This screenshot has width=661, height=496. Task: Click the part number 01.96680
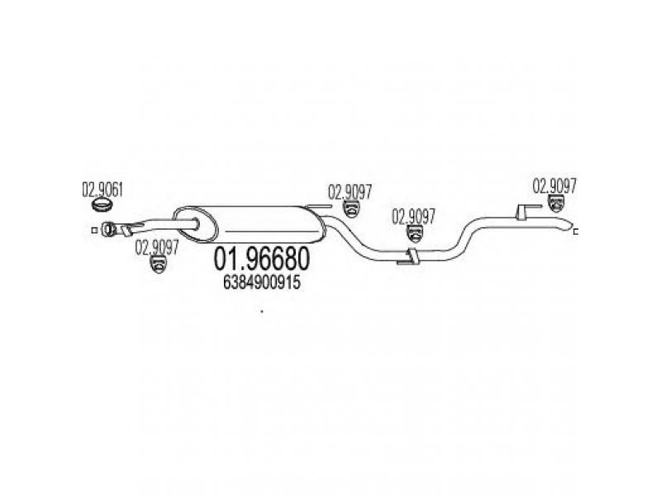point(261,259)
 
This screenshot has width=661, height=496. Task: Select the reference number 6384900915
point(261,283)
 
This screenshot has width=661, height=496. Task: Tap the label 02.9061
point(102,190)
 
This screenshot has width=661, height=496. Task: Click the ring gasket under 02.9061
point(102,205)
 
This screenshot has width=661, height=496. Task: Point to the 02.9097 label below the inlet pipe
point(157,247)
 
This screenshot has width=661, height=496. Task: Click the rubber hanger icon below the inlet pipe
point(159,264)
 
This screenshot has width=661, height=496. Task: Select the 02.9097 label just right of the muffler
point(350,193)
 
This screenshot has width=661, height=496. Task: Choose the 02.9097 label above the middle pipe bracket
point(414,217)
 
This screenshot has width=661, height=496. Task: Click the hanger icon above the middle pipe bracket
point(415,234)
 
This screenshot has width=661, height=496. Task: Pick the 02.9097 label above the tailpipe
point(554,186)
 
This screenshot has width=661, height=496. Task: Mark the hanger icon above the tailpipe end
point(556,203)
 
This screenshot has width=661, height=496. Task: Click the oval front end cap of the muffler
point(196,225)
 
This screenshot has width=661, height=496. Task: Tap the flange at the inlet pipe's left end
point(108,229)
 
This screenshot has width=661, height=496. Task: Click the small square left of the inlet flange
point(95,231)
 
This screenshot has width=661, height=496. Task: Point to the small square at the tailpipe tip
point(575,231)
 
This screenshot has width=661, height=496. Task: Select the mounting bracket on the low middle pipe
point(408,257)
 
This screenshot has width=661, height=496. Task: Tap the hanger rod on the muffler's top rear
point(318,207)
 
